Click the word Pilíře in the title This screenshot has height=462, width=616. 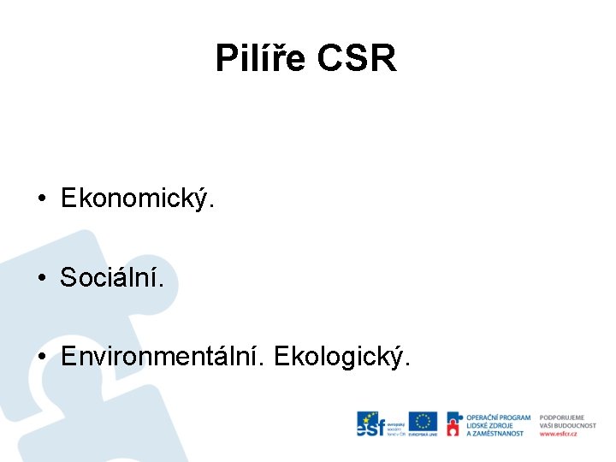(260, 58)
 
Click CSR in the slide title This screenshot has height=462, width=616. (357, 58)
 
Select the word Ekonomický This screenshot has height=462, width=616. (137, 199)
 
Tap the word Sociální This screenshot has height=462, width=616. (110, 277)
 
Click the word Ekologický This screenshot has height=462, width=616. (341, 355)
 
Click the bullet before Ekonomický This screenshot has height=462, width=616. (41, 200)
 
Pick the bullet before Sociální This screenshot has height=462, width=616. (41, 278)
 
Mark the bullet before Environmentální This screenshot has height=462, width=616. (41, 356)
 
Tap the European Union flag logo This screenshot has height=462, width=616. (423, 423)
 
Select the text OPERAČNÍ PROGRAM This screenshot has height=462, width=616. (498, 418)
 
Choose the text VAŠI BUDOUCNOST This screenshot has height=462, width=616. (568, 425)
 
